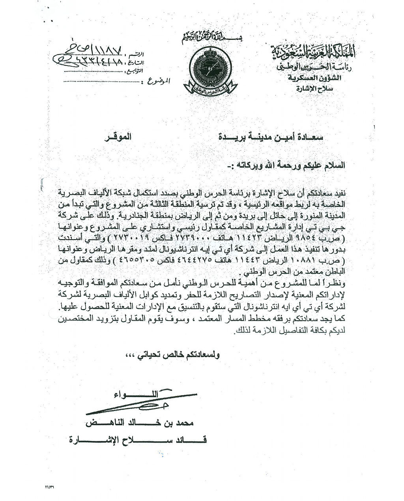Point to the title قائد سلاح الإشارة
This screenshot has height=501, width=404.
pyautogui.click(x=138, y=439)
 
